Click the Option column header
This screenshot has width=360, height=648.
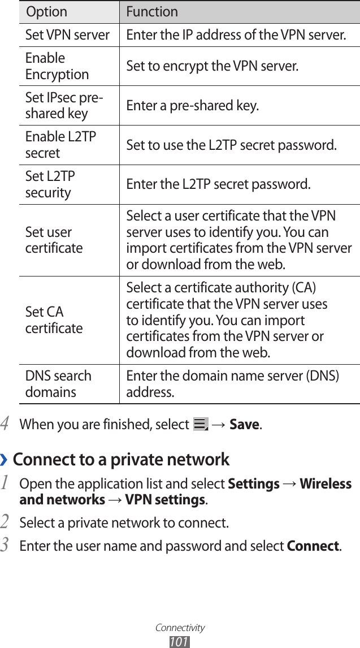tap(46, 11)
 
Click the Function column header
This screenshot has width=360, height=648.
tap(152, 11)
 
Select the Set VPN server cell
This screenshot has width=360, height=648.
tap(67, 35)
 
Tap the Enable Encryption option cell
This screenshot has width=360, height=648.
tap(57, 66)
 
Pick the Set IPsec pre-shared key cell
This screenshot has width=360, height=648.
tap(64, 106)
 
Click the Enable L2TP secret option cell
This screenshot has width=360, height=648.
tap(60, 145)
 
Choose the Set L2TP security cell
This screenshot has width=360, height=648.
tap(50, 184)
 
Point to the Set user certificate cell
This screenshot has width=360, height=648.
tap(54, 240)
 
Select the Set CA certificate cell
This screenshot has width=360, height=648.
tap(54, 320)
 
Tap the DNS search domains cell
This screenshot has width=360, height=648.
tap(58, 384)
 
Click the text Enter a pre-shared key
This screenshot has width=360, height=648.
tap(193, 106)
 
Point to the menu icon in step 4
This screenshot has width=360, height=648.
tap(201, 424)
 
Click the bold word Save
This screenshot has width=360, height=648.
tap(244, 424)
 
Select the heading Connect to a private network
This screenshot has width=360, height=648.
tap(121, 459)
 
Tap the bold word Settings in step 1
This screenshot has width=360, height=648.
tap(253, 484)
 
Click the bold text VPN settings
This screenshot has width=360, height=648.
tap(165, 500)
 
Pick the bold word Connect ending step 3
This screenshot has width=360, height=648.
tap(313, 546)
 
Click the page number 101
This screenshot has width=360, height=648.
tap(179, 641)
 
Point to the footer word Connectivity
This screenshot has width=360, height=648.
tap(180, 628)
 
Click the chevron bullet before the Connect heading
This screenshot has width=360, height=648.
tap(5, 460)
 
